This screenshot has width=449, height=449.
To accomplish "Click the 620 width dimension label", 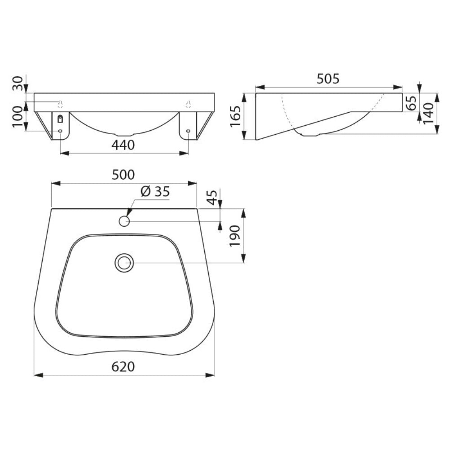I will click(x=123, y=367).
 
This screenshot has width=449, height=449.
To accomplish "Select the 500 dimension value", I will click(x=123, y=175).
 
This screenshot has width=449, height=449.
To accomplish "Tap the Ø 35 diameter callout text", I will click(x=155, y=192).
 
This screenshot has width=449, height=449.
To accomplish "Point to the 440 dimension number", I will click(x=123, y=145).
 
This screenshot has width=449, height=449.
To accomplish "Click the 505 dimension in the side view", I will click(x=328, y=79).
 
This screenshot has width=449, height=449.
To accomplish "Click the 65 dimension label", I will click(x=410, y=103).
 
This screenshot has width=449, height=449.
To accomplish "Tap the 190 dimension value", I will click(x=235, y=235).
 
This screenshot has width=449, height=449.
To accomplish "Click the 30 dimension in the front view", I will click(x=18, y=83).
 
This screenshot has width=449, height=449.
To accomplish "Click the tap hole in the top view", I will click(x=124, y=221).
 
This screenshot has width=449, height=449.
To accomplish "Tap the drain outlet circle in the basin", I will click(x=124, y=263).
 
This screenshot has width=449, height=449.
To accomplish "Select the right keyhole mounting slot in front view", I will click(x=189, y=104).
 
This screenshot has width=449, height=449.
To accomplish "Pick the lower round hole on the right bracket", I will click(x=188, y=131).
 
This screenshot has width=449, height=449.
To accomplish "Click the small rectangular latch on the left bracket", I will click(x=61, y=119).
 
